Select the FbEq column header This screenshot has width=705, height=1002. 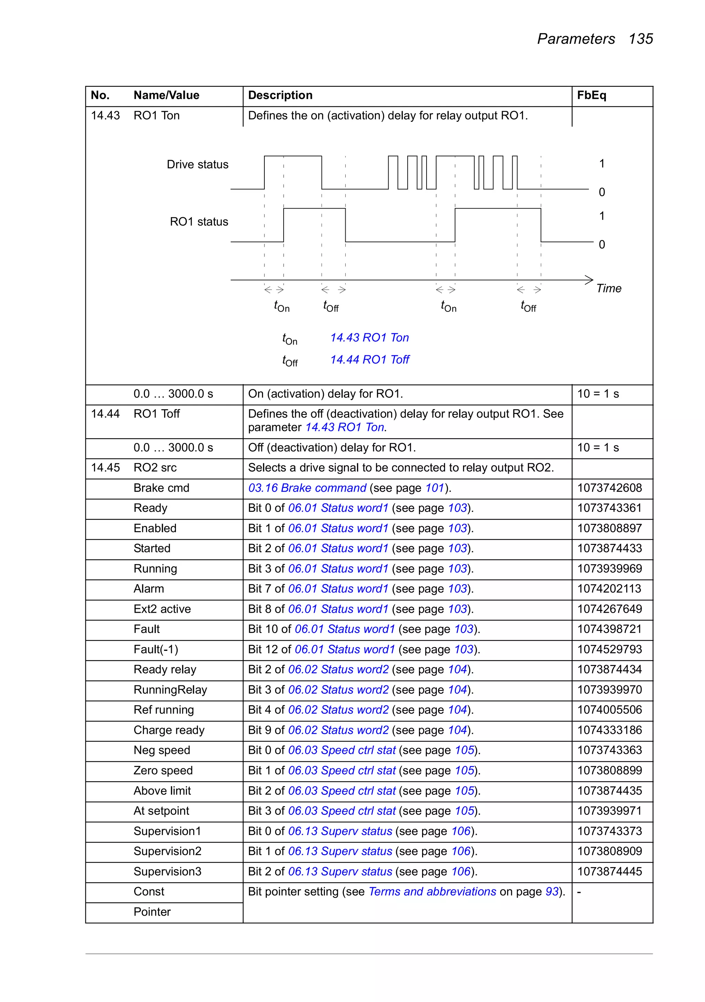click(591, 95)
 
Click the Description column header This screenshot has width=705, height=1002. click(280, 95)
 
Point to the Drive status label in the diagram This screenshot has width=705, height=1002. click(197, 165)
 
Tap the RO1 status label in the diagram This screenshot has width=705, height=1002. click(199, 222)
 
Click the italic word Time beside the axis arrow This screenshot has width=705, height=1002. click(609, 288)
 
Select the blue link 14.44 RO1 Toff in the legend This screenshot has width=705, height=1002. click(369, 360)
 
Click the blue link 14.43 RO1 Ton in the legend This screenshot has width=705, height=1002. click(369, 338)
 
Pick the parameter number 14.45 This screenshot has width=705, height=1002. click(105, 468)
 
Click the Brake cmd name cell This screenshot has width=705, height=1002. click(161, 488)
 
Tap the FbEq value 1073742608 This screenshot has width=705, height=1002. click(609, 488)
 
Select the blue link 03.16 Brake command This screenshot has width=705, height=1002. click(307, 488)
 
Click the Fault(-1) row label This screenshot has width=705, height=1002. click(156, 650)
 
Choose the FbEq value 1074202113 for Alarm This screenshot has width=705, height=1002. click(609, 589)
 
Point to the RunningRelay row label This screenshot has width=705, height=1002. click(170, 690)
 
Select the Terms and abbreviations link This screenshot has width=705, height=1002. click(432, 892)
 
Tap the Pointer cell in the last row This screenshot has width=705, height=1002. click(152, 912)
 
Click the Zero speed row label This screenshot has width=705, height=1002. click(163, 771)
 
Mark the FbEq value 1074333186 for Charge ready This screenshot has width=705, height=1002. click(609, 730)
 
